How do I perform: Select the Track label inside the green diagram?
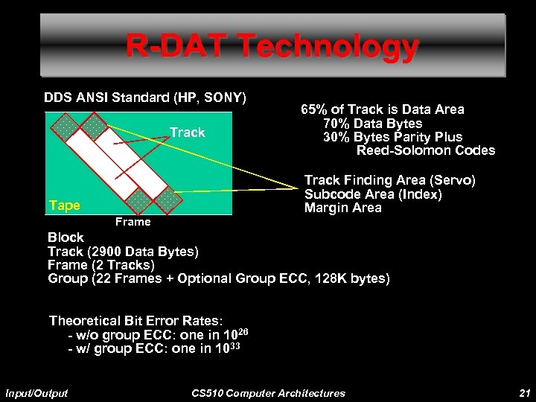[187, 133]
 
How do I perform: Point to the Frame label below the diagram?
[133, 222]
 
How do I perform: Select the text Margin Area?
[342, 208]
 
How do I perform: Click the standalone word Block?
[66, 237]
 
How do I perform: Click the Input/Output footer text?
[36, 392]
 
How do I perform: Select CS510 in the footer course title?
[208, 392]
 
